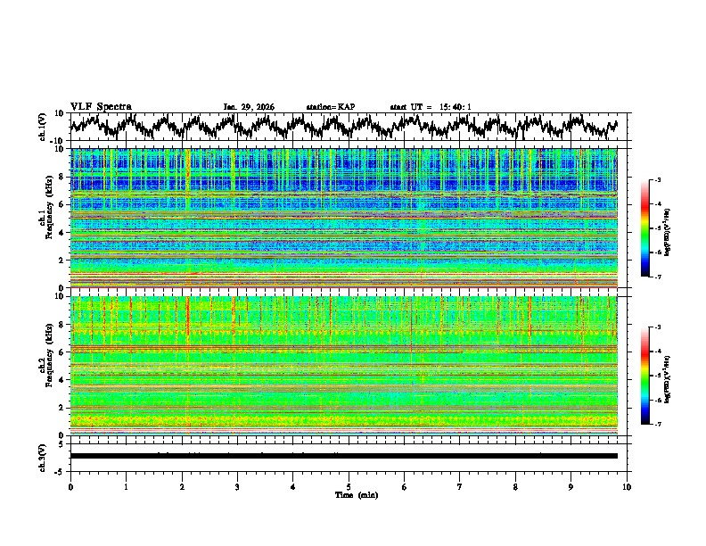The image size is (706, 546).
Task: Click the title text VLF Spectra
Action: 101,107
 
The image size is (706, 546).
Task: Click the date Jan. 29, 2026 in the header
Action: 249,107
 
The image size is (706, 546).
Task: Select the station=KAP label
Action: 330,107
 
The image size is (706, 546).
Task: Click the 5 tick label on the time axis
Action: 349,486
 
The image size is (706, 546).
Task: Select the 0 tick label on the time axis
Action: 70,486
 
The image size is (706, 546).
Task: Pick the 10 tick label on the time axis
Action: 627,486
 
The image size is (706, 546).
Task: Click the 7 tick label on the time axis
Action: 460,486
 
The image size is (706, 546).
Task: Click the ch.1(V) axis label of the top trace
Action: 44,128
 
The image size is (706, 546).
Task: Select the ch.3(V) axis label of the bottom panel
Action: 44,456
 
